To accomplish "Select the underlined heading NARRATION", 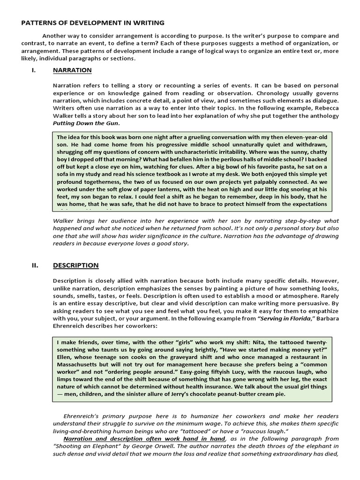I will pyautogui.click(x=72, y=70).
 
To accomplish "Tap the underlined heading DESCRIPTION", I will pyautogui.click(x=75, y=265).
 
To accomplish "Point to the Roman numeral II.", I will pyautogui.click(x=35, y=265).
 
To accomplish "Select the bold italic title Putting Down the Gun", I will pyautogui.click(x=86, y=123).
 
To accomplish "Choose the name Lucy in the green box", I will pyautogui.click(x=213, y=373).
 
